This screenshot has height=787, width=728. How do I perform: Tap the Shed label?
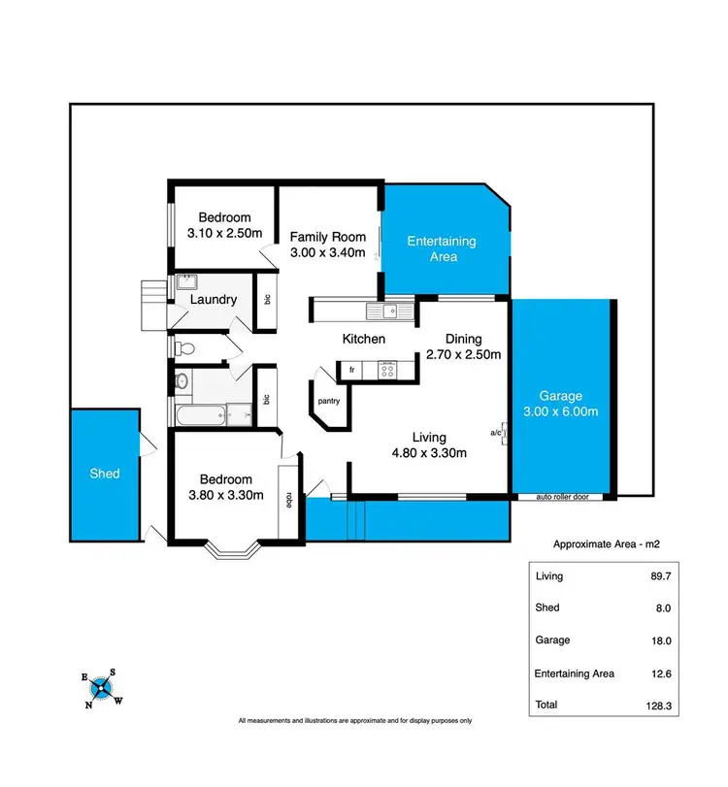pyautogui.click(x=105, y=474)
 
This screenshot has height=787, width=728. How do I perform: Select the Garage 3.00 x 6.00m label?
pyautogui.click(x=561, y=404)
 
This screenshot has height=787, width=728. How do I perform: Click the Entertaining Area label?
pyautogui.click(x=442, y=248)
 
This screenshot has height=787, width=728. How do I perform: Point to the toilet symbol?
pyautogui.click(x=186, y=347)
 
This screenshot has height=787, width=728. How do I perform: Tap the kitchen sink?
pyautogui.click(x=387, y=312)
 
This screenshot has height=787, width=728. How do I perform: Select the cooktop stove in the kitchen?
pyautogui.click(x=387, y=369)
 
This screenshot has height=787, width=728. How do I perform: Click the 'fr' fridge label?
pyautogui.click(x=351, y=369)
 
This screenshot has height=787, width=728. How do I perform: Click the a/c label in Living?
pyautogui.click(x=496, y=432)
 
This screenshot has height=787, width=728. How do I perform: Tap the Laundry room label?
pyautogui.click(x=214, y=300)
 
